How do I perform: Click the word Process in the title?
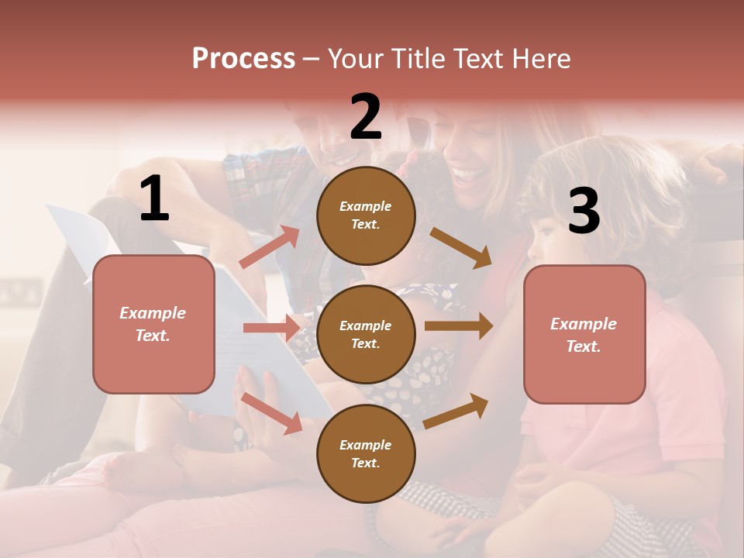pos(243,58)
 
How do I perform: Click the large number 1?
pos(154,198)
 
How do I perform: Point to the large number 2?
pos(366,117)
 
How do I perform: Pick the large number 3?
pos(584,211)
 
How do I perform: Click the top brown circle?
pos(366,215)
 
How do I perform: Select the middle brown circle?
pos(366,334)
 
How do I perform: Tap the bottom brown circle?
pos(366,453)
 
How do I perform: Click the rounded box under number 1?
pos(153,324)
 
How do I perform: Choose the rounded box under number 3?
pos(584,334)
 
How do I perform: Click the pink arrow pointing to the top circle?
pos(270,246)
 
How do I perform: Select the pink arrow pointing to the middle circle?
pos(271,328)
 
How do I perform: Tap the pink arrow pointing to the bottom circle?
pos(272,413)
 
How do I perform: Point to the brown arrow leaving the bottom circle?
pos(456,411)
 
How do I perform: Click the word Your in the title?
pos(356,58)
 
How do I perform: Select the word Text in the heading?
pos(475,58)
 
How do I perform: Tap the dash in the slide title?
pos(312,59)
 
